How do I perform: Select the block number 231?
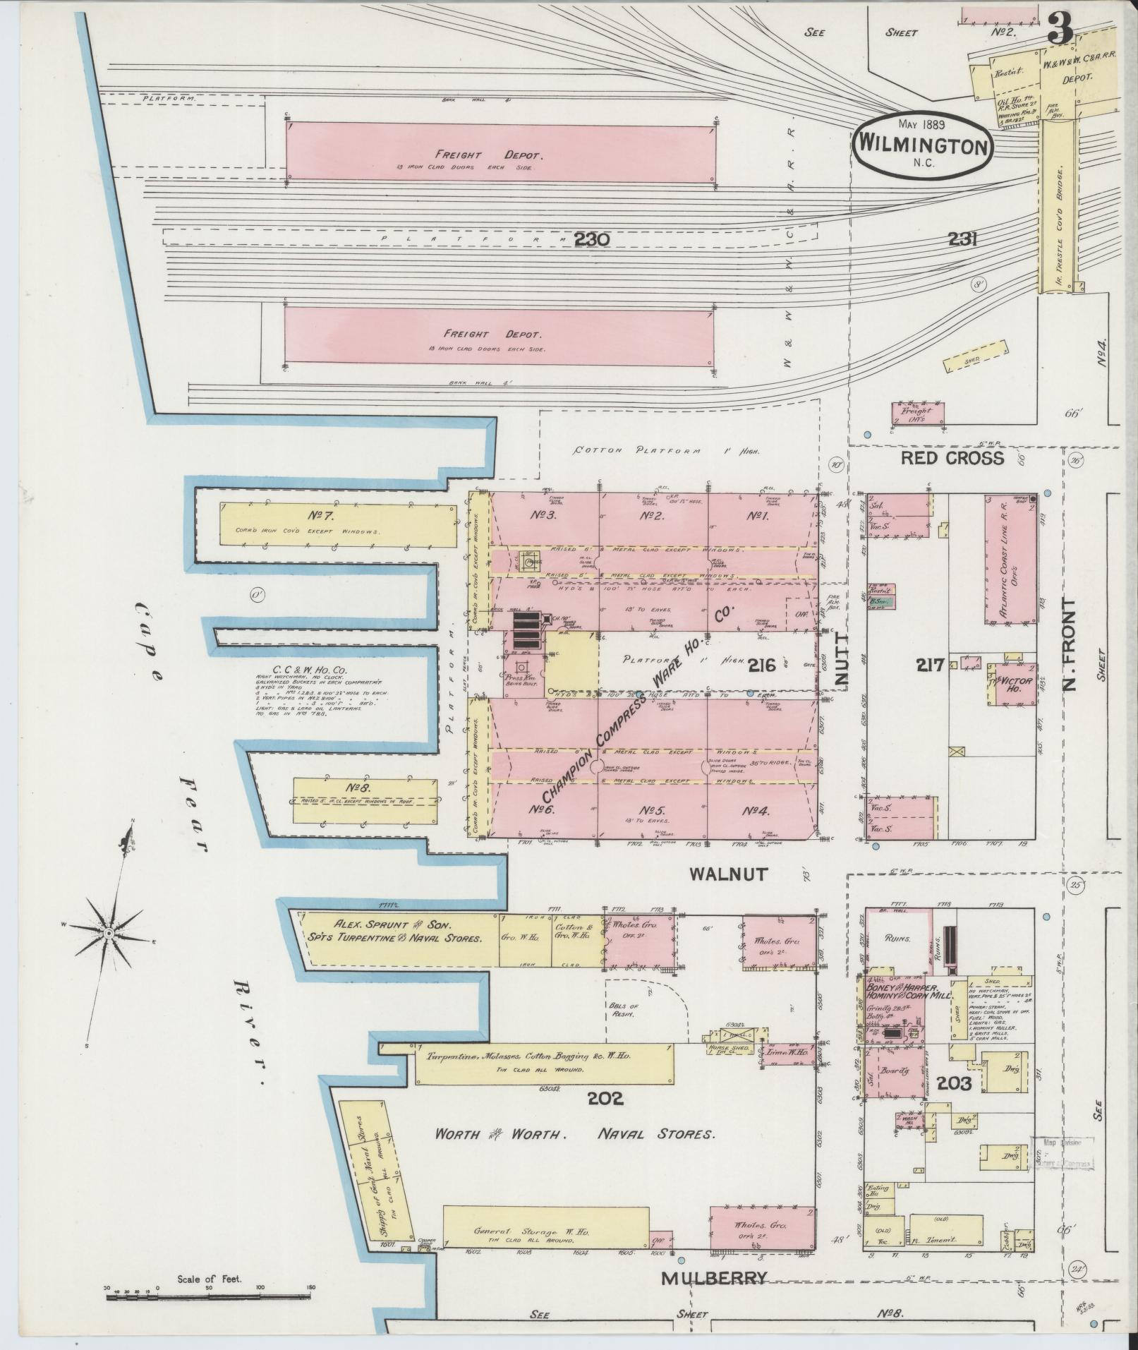point(962,240)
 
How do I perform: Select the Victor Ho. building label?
point(1012,683)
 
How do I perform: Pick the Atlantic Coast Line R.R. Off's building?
point(1012,560)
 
